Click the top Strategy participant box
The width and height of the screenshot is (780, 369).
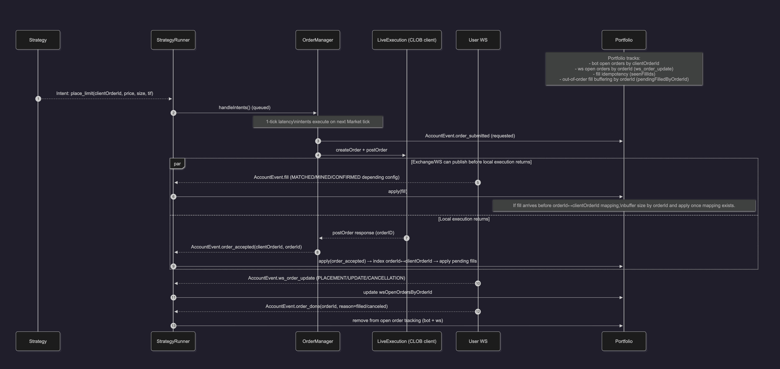38,40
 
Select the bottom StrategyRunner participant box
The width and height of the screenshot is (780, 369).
173,341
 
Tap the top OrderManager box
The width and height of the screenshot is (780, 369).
318,40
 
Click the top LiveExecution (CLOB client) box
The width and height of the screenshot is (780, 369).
407,40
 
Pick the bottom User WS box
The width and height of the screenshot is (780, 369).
478,341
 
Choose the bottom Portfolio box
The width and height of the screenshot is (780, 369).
624,341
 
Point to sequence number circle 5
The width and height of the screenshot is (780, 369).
478,182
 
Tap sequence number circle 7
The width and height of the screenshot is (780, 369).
407,238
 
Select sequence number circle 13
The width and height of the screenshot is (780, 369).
173,326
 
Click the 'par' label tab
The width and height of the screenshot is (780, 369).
177,163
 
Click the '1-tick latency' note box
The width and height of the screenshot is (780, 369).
318,122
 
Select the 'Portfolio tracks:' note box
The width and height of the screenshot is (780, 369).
624,69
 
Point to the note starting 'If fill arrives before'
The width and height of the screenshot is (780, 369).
624,206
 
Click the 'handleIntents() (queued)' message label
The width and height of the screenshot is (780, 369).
244,107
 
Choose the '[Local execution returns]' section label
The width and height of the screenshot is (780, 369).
464,219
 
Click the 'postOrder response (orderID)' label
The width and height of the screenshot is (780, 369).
363,233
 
